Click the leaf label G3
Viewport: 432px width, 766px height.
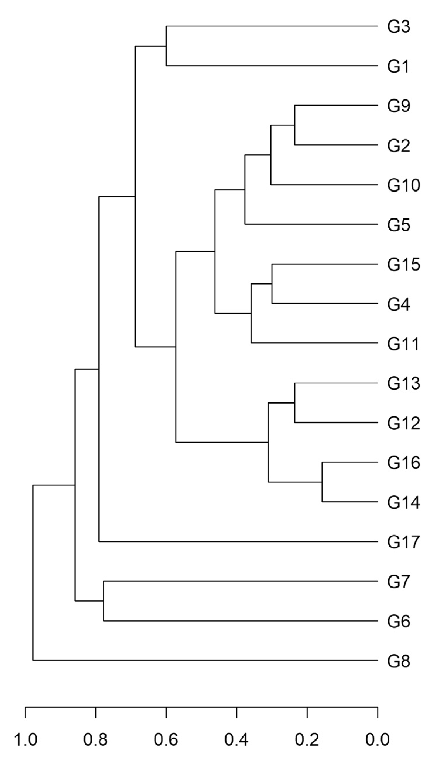398,27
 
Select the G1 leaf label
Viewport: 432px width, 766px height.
398,67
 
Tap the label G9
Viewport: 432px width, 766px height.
398,106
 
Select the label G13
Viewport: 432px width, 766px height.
403,384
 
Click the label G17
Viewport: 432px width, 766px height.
403,542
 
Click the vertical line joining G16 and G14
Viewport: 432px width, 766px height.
322,482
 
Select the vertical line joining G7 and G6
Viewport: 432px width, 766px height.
104,601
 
